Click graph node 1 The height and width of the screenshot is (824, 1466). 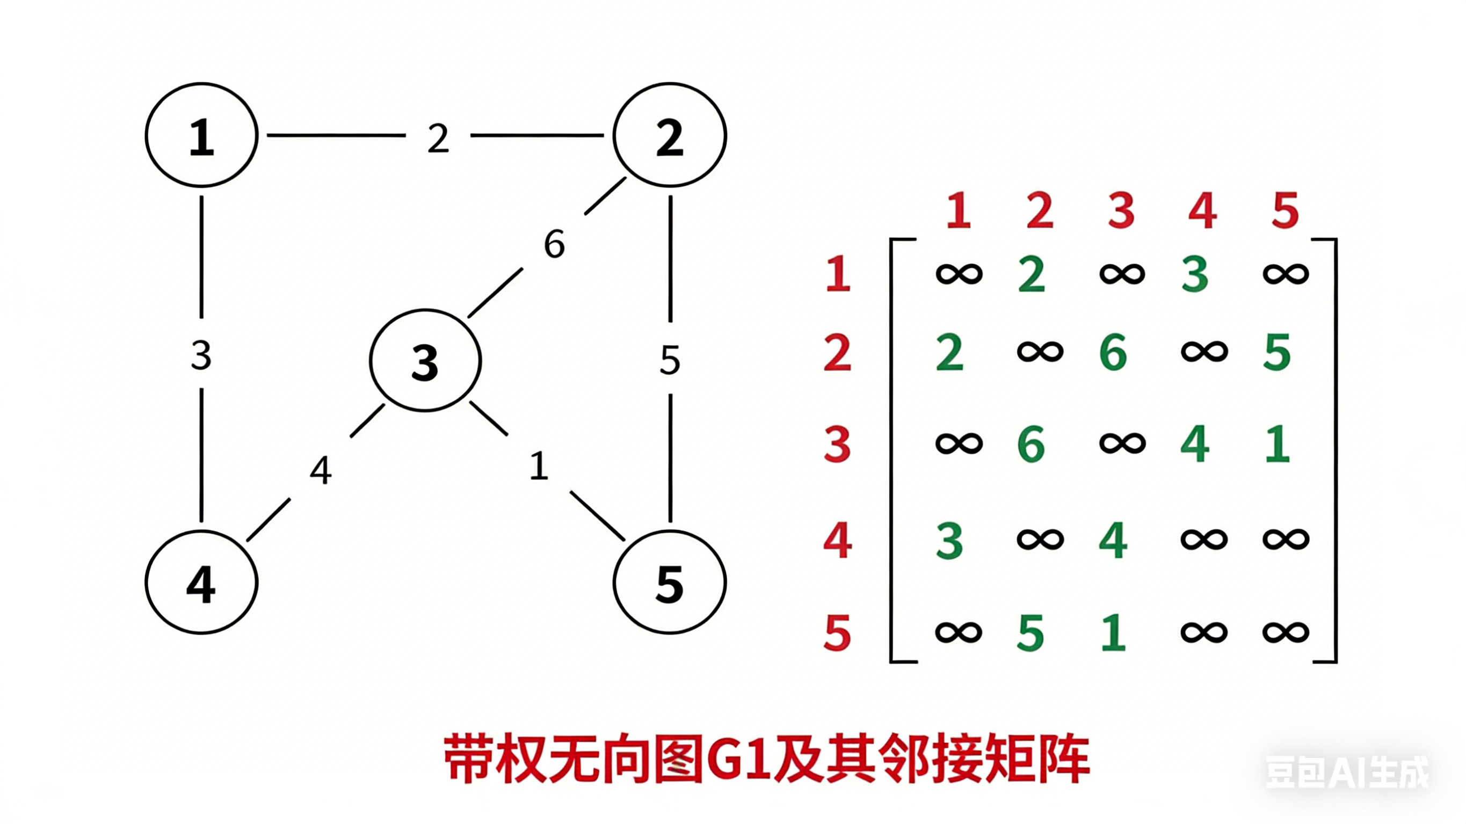(x=201, y=135)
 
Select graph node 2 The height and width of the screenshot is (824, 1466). (x=669, y=135)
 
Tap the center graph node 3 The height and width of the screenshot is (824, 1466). (x=425, y=361)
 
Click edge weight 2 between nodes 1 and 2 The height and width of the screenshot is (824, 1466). (x=438, y=138)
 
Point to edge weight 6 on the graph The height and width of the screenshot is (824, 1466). (x=554, y=244)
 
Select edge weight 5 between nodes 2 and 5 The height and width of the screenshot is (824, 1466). (x=670, y=360)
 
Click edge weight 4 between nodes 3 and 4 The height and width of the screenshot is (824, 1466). (x=321, y=471)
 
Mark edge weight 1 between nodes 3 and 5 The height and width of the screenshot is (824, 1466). (x=539, y=466)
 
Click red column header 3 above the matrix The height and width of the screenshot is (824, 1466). (x=1121, y=210)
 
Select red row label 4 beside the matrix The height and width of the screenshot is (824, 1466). (x=837, y=540)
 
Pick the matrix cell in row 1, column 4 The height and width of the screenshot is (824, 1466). (x=1194, y=274)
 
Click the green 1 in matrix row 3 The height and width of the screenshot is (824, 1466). (x=1277, y=444)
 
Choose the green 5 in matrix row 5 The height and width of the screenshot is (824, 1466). (x=1030, y=633)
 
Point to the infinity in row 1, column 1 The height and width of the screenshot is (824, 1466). (x=959, y=274)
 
